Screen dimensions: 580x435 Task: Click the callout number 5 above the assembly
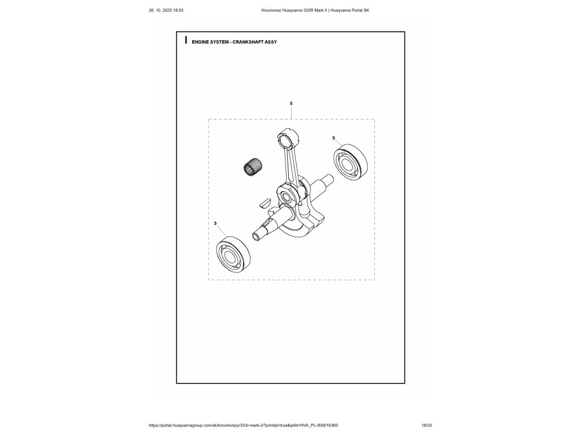click(x=291, y=104)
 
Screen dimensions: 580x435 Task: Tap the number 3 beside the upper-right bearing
click(x=334, y=138)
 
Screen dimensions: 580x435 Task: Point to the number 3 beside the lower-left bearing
click(x=216, y=224)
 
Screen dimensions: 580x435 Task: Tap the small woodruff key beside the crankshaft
click(x=265, y=202)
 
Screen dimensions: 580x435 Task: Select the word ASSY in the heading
click(x=270, y=42)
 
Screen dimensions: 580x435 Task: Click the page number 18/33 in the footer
click(x=427, y=425)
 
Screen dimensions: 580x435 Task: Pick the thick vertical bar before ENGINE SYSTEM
click(x=186, y=41)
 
